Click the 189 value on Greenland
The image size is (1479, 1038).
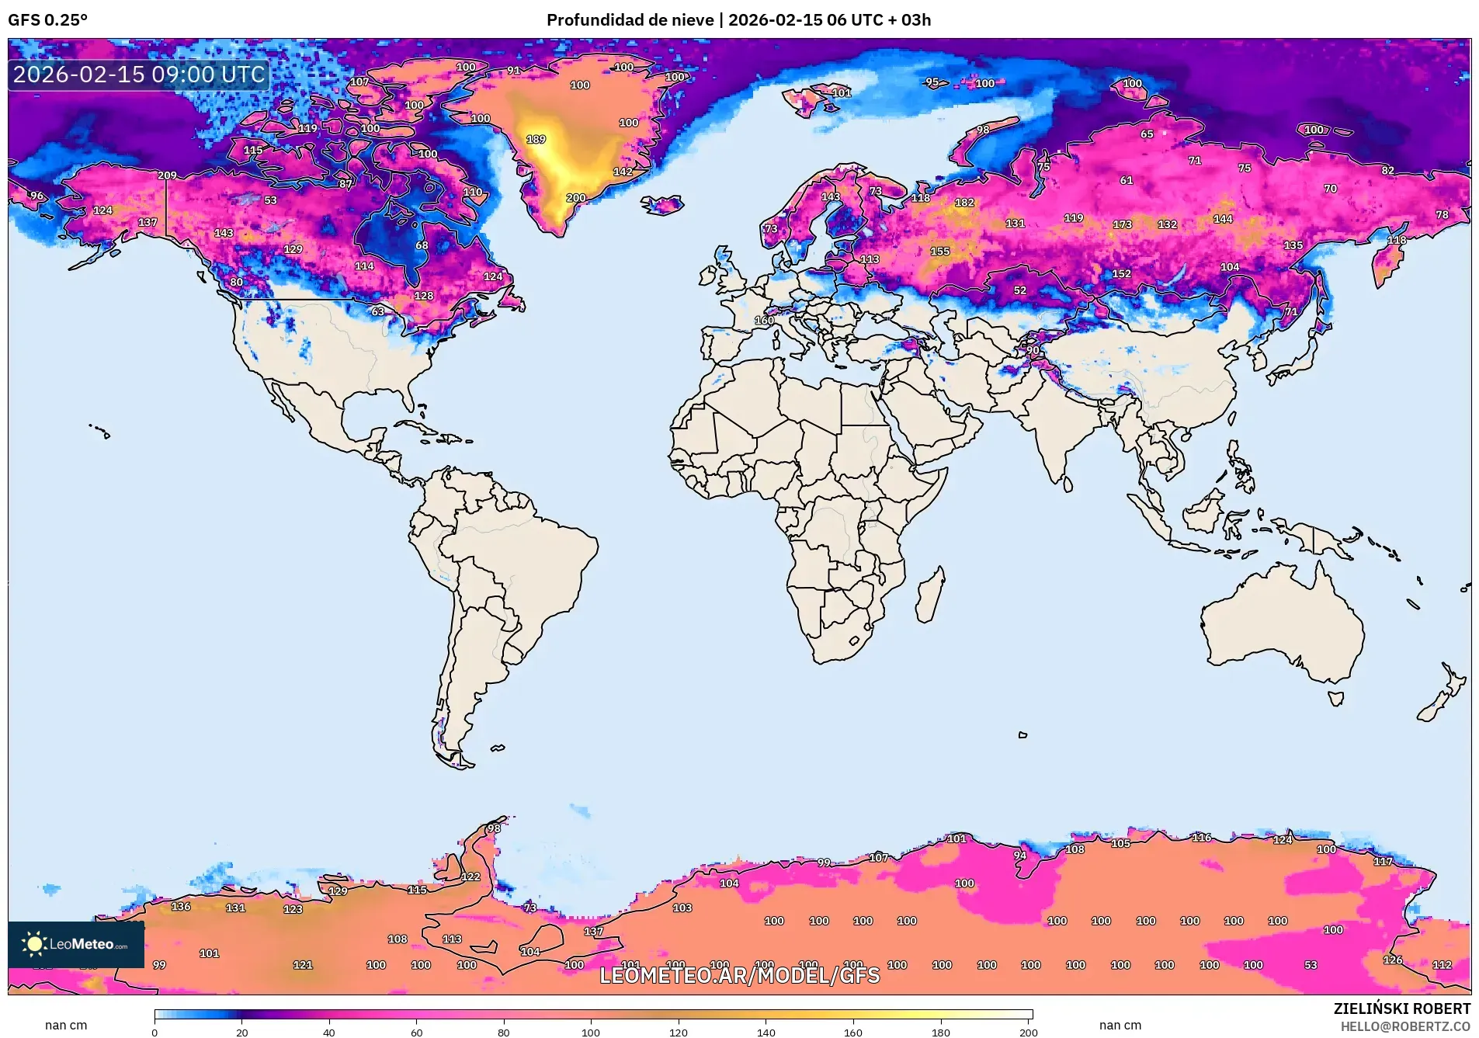536,140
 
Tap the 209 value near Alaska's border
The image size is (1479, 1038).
167,175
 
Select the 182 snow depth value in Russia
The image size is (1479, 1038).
964,203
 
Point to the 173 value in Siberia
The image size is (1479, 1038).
1122,224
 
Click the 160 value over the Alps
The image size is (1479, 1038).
764,320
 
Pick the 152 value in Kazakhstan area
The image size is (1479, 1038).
1121,274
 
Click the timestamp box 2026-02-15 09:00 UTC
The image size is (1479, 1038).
139,75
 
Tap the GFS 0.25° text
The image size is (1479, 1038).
48,20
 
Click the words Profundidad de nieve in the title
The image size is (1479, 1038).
630,20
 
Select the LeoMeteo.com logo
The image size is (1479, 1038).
76,944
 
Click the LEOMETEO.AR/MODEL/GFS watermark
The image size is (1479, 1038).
739,975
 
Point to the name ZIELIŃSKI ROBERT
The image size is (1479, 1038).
1401,1008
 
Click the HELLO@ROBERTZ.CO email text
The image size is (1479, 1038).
1405,1026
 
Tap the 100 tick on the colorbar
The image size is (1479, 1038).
591,1032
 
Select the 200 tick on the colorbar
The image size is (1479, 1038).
1028,1032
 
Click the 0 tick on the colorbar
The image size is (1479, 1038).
154,1032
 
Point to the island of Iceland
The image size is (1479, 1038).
662,205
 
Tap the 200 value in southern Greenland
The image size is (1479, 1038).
576,198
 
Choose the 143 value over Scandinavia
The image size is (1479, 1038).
831,196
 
